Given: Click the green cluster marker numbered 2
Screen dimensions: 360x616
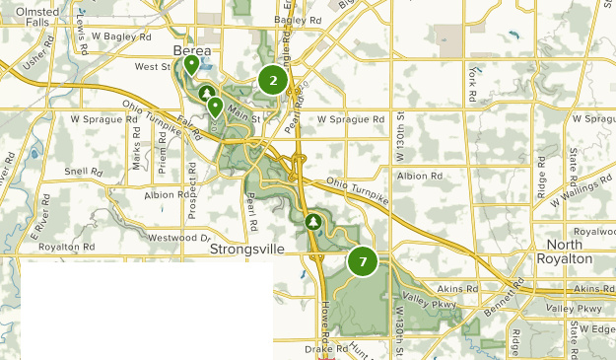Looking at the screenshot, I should [x=273, y=81].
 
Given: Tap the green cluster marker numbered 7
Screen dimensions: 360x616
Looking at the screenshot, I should [x=363, y=261].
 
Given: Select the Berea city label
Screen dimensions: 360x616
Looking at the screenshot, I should [x=192, y=50].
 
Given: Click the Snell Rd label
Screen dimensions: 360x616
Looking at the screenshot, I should [x=84, y=171].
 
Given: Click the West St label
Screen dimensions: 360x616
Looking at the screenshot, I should [x=153, y=67].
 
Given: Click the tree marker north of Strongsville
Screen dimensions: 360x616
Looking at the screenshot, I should [x=313, y=222].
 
